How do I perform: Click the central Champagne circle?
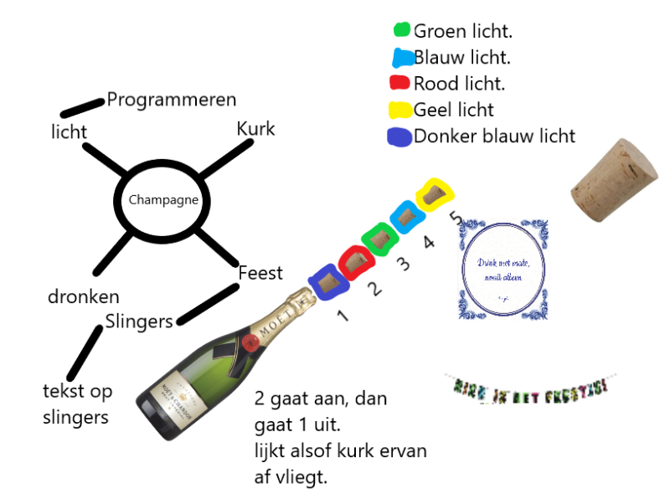(163, 200)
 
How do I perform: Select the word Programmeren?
(172, 100)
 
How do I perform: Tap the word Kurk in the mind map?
(255, 129)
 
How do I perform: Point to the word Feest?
(260, 273)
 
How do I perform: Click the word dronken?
(83, 296)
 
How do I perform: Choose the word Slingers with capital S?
(139, 321)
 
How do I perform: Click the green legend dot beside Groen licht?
(401, 30)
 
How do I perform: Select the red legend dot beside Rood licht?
(399, 83)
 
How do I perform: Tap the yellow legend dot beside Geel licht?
(400, 110)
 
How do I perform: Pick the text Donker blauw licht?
(494, 136)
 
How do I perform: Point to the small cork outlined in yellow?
(435, 194)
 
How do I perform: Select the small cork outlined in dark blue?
(327, 282)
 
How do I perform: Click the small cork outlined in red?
(355, 261)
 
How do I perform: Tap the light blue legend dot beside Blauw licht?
(403, 58)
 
